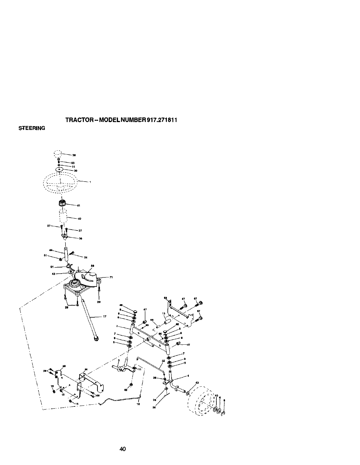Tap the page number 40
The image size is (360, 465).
point(122,449)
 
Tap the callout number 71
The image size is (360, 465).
point(111,277)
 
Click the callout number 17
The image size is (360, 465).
point(105,316)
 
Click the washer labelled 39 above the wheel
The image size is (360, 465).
point(59,169)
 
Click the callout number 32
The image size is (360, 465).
point(163,361)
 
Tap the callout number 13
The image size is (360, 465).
point(164,313)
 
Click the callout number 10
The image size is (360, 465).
point(138,404)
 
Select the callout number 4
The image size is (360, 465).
point(188,376)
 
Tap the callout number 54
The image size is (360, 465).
point(86,257)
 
